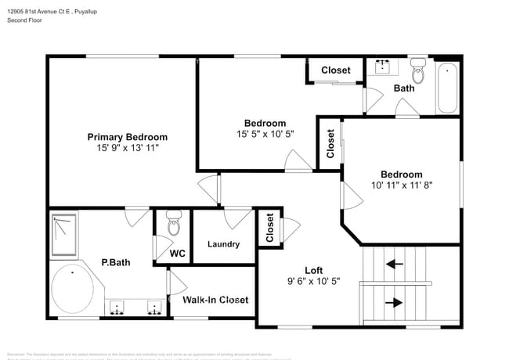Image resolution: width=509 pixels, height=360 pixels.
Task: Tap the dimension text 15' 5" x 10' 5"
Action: coord(265,134)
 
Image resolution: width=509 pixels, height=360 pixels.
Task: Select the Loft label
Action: coord(313,270)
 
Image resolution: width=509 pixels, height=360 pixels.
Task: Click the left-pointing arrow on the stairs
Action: coord(395,265)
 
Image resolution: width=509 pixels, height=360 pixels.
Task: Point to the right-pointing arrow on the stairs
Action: coord(395,302)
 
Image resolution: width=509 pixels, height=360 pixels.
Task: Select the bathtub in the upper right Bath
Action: coord(448,88)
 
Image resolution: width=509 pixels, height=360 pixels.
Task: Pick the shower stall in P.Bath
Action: coord(64,235)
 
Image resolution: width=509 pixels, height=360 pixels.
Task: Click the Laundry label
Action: coord(223,244)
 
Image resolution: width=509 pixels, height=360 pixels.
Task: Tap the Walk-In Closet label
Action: coord(215,300)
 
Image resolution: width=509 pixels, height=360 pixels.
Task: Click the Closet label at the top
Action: coord(336,70)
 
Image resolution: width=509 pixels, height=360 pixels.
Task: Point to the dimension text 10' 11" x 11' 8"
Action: coord(402,185)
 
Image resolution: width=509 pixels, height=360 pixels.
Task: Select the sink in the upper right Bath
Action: coord(384,67)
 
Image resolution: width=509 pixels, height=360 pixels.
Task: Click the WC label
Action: coord(178,254)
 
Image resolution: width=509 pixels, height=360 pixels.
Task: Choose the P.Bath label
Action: coord(115,262)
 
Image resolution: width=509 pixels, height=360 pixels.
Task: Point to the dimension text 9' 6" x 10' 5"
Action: coord(313,281)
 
